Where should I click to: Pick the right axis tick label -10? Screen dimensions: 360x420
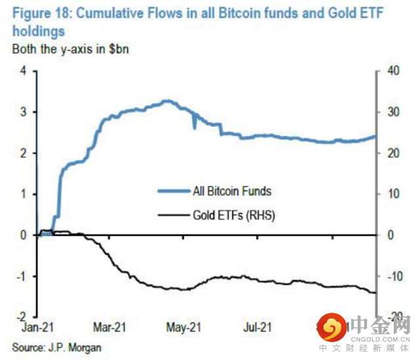pos(388,276)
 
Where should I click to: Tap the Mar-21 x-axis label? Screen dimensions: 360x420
pos(110,326)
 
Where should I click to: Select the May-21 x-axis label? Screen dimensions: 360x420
pos(184,326)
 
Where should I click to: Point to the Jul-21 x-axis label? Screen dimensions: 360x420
pos(257,326)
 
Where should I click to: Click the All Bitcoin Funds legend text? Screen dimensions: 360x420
pos(232,191)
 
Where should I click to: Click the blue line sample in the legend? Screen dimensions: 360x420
pos(173,191)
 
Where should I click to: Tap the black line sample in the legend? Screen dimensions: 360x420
pos(173,214)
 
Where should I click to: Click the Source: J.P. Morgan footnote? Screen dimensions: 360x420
pos(57,346)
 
